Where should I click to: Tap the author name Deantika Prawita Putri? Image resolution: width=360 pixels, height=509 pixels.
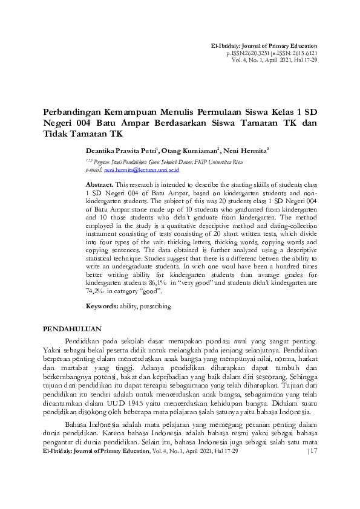coord(120,150)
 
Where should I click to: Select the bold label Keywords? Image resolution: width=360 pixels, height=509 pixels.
coord(102,306)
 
